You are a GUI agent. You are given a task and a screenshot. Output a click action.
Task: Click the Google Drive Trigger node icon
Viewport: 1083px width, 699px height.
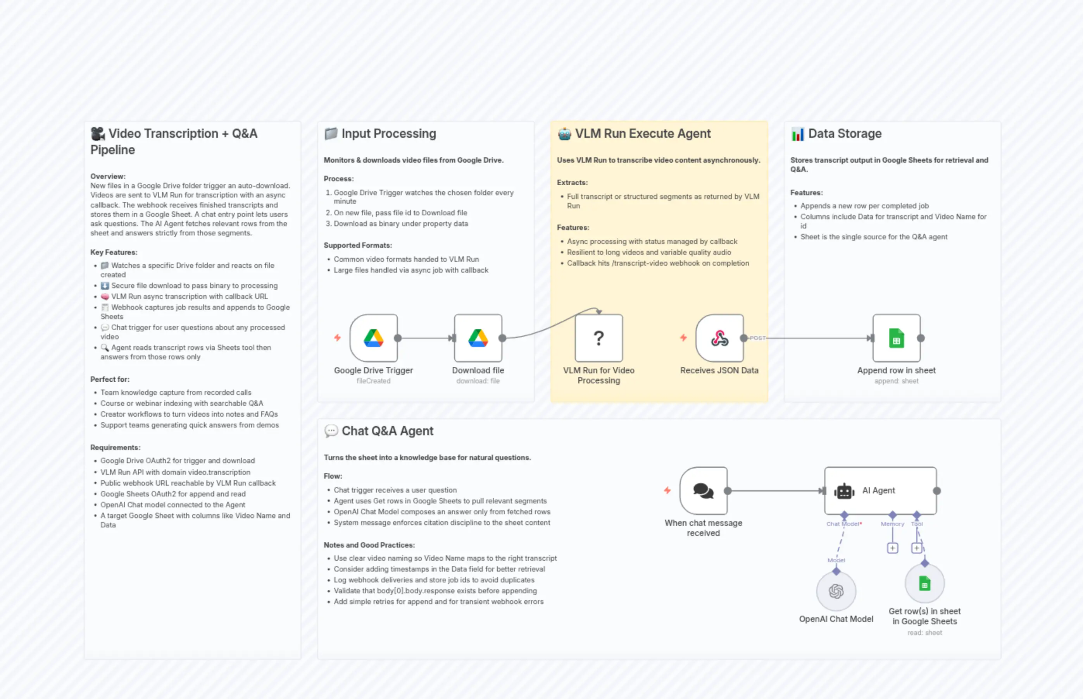tap(373, 338)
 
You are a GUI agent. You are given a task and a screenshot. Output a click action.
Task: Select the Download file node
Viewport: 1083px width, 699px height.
tap(478, 338)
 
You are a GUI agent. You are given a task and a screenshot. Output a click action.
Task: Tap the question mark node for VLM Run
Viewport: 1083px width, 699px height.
tap(599, 338)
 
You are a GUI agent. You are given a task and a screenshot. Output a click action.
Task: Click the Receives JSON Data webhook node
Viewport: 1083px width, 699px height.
tap(719, 338)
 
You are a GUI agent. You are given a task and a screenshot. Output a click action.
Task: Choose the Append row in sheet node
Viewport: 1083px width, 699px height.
tap(896, 338)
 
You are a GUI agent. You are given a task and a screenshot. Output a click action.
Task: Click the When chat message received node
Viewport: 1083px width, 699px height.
tap(703, 490)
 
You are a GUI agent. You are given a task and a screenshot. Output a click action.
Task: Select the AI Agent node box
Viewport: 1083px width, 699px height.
tap(880, 490)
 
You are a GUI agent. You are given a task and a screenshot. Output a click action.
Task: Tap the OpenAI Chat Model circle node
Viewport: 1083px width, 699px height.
tap(836, 591)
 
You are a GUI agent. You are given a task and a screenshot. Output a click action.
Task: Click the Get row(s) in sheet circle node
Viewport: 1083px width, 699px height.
tap(924, 583)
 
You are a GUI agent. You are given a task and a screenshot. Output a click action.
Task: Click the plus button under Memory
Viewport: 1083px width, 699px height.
tap(892, 548)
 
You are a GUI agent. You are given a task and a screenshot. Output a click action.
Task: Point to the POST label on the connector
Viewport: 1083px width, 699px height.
tap(757, 338)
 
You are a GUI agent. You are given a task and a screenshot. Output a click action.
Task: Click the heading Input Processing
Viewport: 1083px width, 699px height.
tap(388, 134)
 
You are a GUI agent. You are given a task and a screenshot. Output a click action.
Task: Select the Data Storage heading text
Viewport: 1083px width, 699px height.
tap(845, 134)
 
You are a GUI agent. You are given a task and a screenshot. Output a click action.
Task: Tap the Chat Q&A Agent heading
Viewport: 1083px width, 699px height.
tap(387, 431)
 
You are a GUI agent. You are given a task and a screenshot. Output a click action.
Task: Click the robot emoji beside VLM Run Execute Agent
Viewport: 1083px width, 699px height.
tap(564, 134)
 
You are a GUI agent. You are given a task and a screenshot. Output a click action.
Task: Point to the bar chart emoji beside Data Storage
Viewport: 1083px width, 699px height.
tap(797, 134)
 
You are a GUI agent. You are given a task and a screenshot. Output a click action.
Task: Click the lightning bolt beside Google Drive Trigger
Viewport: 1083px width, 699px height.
tap(337, 338)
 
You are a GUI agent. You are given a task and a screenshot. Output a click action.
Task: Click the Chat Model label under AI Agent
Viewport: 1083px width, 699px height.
tap(843, 524)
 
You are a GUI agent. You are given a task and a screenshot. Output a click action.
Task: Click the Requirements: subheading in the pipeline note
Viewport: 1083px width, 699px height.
tap(116, 448)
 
